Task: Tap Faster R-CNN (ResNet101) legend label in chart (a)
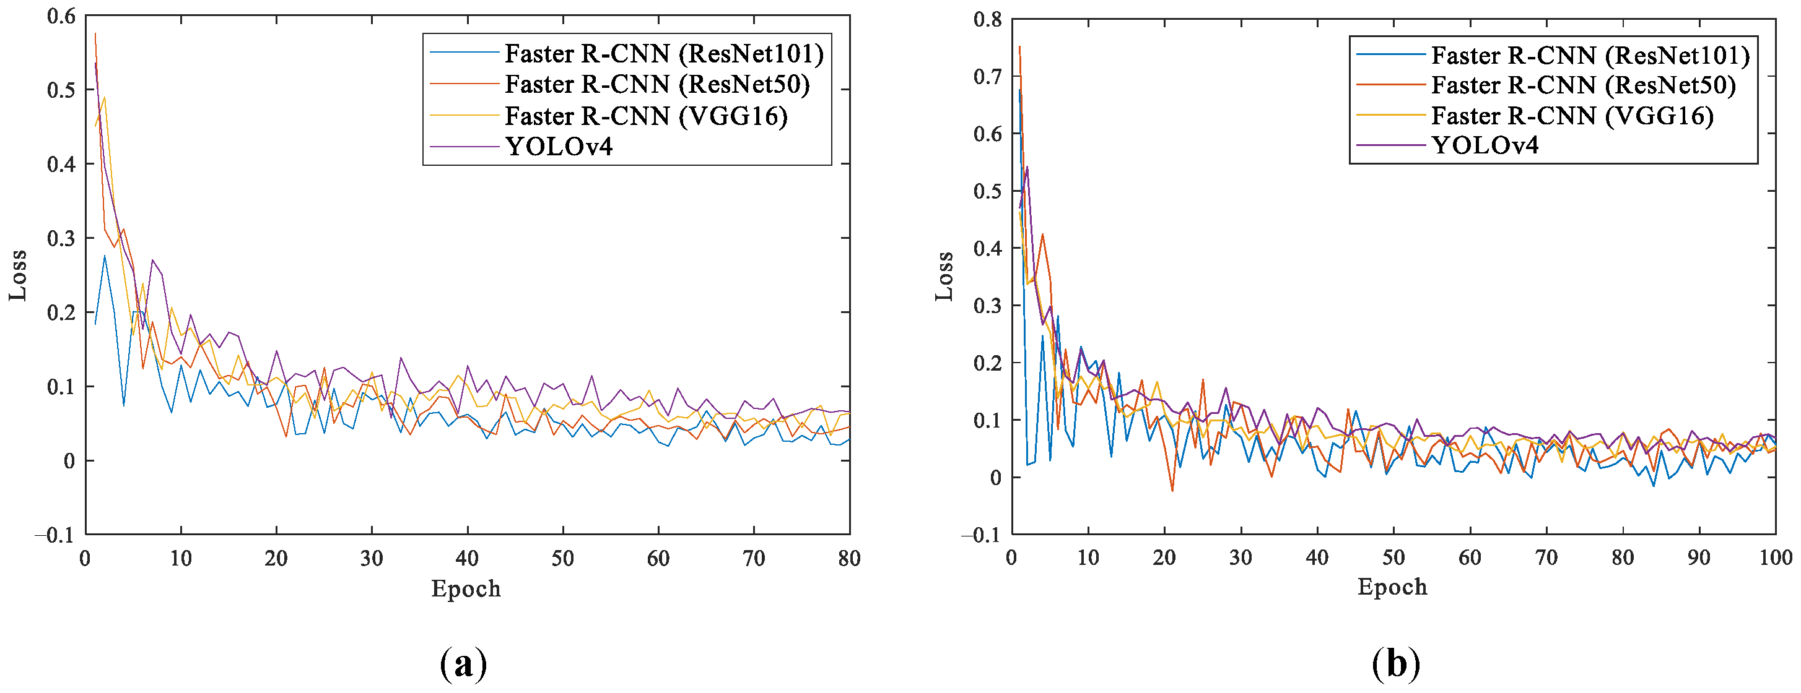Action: tap(663, 54)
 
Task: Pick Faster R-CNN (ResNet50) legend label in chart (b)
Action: tap(1583, 85)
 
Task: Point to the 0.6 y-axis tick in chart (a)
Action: tap(61, 16)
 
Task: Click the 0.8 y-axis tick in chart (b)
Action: tap(987, 20)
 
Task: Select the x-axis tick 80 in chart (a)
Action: tap(848, 558)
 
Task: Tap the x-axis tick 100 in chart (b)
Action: tap(1775, 557)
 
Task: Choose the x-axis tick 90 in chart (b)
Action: tap(1699, 557)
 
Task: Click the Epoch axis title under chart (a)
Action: tap(466, 589)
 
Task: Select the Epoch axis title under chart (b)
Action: tap(1392, 587)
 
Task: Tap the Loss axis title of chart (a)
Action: tap(18, 275)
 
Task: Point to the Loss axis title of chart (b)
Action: tap(944, 276)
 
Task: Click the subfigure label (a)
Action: tap(463, 664)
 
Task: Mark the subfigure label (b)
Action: tap(1395, 664)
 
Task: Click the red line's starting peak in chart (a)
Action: tap(95, 33)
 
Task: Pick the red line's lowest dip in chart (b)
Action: tap(1172, 491)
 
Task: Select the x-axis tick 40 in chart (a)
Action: tap(467, 558)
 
